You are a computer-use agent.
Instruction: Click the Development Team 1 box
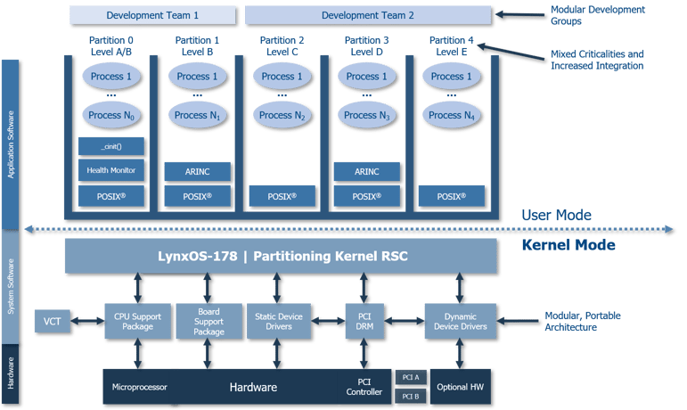[152, 15]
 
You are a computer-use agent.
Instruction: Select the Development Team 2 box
[367, 15]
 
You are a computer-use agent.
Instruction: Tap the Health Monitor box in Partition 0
[111, 169]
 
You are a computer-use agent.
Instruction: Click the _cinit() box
[111, 146]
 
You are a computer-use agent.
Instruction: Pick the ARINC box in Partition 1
[197, 169]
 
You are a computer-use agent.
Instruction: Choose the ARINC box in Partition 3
[367, 169]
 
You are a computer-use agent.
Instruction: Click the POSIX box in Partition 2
[282, 194]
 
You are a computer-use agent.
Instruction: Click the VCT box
[50, 320]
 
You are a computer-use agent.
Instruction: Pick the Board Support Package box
[209, 320]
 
